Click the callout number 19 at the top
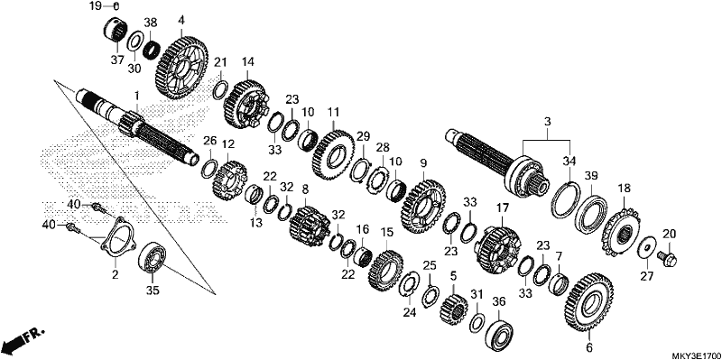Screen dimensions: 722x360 tap(95, 6)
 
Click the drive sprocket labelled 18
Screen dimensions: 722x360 tap(622, 235)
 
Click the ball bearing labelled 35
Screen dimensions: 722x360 tap(152, 259)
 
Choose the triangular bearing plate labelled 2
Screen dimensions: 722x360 tap(116, 238)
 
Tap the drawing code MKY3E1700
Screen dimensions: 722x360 tap(696, 355)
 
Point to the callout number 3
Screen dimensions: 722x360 tap(547, 122)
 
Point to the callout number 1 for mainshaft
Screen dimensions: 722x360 tap(136, 96)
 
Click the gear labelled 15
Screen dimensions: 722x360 tap(385, 272)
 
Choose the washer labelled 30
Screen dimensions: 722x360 tap(134, 43)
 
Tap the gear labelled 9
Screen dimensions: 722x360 tap(422, 207)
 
